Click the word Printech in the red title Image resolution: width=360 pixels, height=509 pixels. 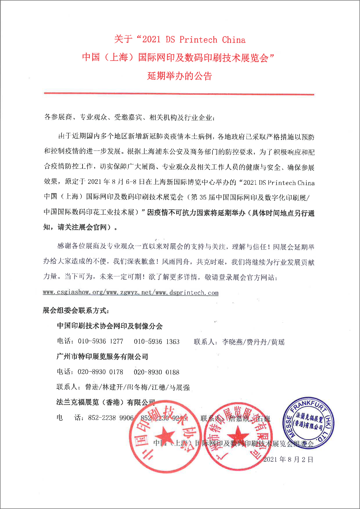[198, 40]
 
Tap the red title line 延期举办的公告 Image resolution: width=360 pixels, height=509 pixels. [180, 76]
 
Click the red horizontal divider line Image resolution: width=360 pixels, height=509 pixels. [179, 94]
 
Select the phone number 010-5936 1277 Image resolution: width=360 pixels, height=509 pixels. [101, 341]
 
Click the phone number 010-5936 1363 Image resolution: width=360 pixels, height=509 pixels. [157, 341]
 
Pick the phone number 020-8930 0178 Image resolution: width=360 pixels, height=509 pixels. [100, 372]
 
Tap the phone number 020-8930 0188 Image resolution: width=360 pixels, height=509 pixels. [157, 372]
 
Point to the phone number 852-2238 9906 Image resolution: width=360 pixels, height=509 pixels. [111, 418]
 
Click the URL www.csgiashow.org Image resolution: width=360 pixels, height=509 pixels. [73, 292]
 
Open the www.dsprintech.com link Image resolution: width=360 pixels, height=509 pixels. [187, 293]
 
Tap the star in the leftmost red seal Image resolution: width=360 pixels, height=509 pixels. [165, 436]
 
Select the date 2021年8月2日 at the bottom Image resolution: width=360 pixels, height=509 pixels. [288, 459]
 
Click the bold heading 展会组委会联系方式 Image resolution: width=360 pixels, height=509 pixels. [76, 311]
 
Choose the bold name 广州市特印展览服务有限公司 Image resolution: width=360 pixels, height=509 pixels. [102, 356]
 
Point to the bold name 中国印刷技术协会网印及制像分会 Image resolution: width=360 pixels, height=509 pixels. [110, 326]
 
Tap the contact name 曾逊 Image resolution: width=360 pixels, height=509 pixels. [92, 387]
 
